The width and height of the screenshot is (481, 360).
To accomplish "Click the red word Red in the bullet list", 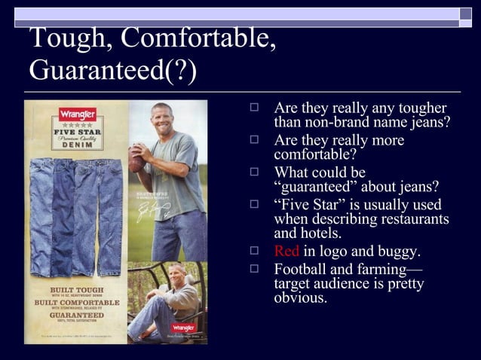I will (x=286, y=251).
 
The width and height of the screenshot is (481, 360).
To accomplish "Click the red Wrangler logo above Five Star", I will (x=78, y=115).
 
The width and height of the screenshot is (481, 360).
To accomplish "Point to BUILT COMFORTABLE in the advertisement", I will (x=76, y=303).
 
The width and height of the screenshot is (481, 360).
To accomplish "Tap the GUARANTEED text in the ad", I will (x=76, y=317).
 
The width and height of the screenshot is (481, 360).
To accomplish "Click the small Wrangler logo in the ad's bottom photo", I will (x=183, y=328).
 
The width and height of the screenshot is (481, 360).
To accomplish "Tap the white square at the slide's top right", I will (x=466, y=13).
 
